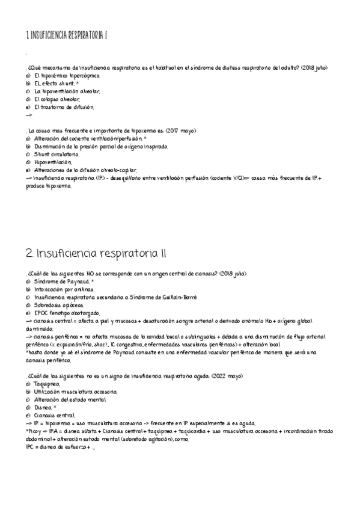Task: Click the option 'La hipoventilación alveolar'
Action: tap(67, 91)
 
